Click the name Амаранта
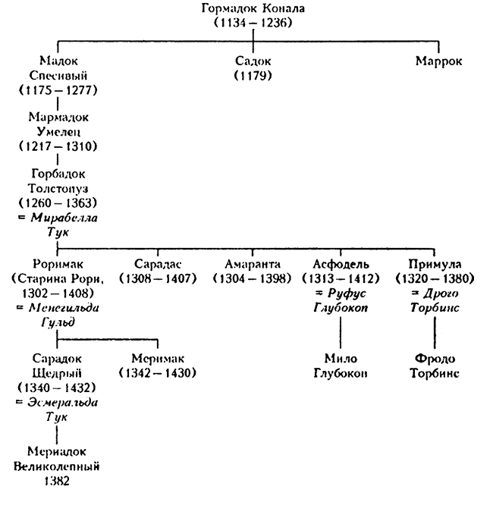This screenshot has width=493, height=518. click(x=253, y=265)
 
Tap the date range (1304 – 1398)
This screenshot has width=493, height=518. click(x=253, y=278)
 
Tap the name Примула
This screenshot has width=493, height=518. click(x=435, y=265)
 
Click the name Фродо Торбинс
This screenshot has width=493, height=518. click(x=435, y=366)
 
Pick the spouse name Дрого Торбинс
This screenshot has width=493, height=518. click(x=435, y=300)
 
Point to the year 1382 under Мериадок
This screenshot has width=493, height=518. click(x=58, y=480)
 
